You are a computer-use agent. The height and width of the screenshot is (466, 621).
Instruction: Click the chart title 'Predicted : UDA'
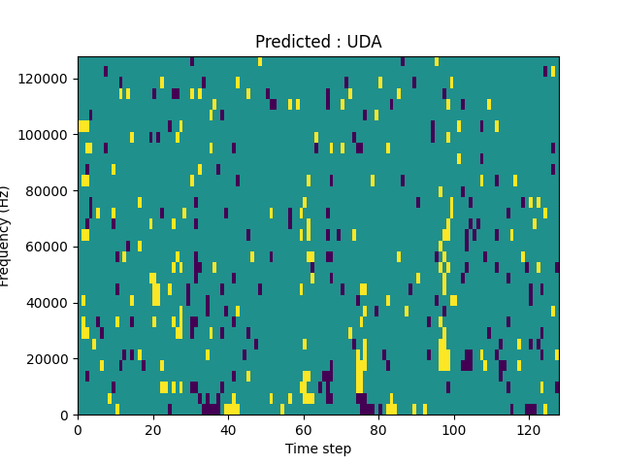[x=318, y=42]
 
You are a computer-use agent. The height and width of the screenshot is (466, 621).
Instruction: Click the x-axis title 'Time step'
[x=318, y=449]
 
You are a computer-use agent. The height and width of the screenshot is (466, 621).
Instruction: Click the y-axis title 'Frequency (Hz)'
[x=6, y=236]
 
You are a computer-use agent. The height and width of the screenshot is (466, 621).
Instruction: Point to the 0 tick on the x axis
[x=78, y=427]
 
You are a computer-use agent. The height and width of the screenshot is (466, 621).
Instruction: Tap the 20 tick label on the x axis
[x=153, y=427]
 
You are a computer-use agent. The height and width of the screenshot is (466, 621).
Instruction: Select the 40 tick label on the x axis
[x=228, y=427]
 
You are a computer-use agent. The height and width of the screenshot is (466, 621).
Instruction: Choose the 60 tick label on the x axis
[x=304, y=427]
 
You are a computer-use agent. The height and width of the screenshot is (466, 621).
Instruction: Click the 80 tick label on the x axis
[x=378, y=427]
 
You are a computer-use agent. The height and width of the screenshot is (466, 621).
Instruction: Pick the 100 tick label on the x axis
[x=454, y=427]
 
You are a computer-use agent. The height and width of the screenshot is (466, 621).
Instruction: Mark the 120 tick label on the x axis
[x=529, y=427]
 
